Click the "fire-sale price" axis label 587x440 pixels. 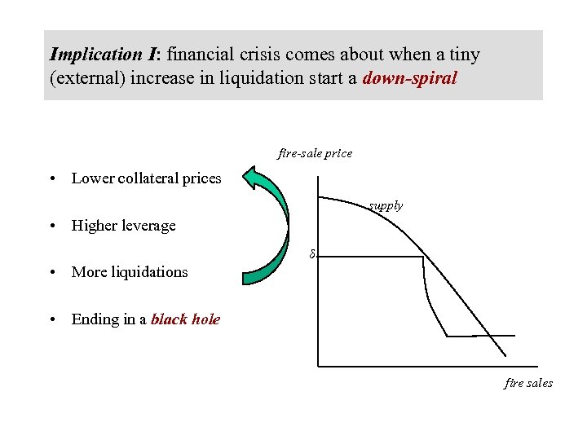pyautogui.click(x=315, y=153)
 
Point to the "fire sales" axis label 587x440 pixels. pyautogui.click(x=527, y=383)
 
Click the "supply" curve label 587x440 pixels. pyautogui.click(x=385, y=206)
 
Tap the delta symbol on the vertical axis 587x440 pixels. pyautogui.click(x=311, y=255)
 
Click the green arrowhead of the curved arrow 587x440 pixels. pyautogui.click(x=263, y=181)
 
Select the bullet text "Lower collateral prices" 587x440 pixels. pyautogui.click(x=147, y=178)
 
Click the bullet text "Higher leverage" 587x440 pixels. pyautogui.click(x=123, y=226)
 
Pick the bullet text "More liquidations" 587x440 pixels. pyautogui.click(x=130, y=272)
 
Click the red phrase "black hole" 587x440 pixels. pyautogui.click(x=185, y=319)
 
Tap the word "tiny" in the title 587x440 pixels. pyautogui.click(x=463, y=55)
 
